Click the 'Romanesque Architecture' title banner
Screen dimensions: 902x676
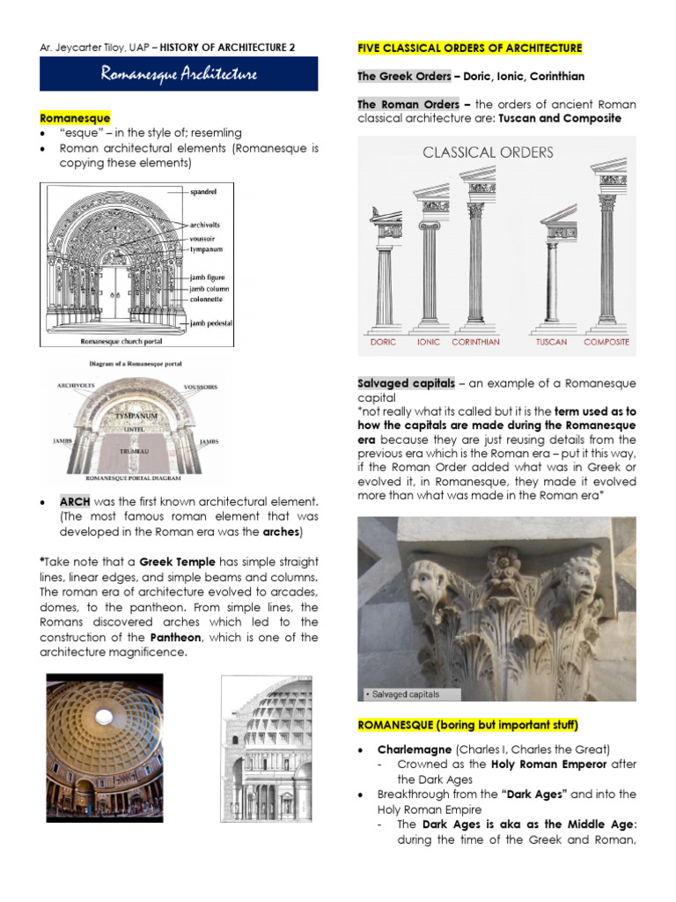point(179,74)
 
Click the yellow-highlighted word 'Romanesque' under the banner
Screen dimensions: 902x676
point(75,117)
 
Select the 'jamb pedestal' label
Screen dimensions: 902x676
point(212,323)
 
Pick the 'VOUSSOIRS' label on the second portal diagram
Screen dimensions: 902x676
point(201,387)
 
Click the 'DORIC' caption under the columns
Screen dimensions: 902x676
point(383,342)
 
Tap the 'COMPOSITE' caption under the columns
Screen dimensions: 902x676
point(606,342)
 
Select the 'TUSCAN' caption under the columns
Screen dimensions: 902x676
point(551,342)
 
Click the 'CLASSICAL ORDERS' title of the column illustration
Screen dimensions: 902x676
point(488,152)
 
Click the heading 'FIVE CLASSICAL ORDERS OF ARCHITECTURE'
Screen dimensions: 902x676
point(469,48)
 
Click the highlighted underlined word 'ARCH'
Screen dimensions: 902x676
point(75,501)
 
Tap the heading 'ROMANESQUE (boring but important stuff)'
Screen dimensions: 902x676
point(467,725)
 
